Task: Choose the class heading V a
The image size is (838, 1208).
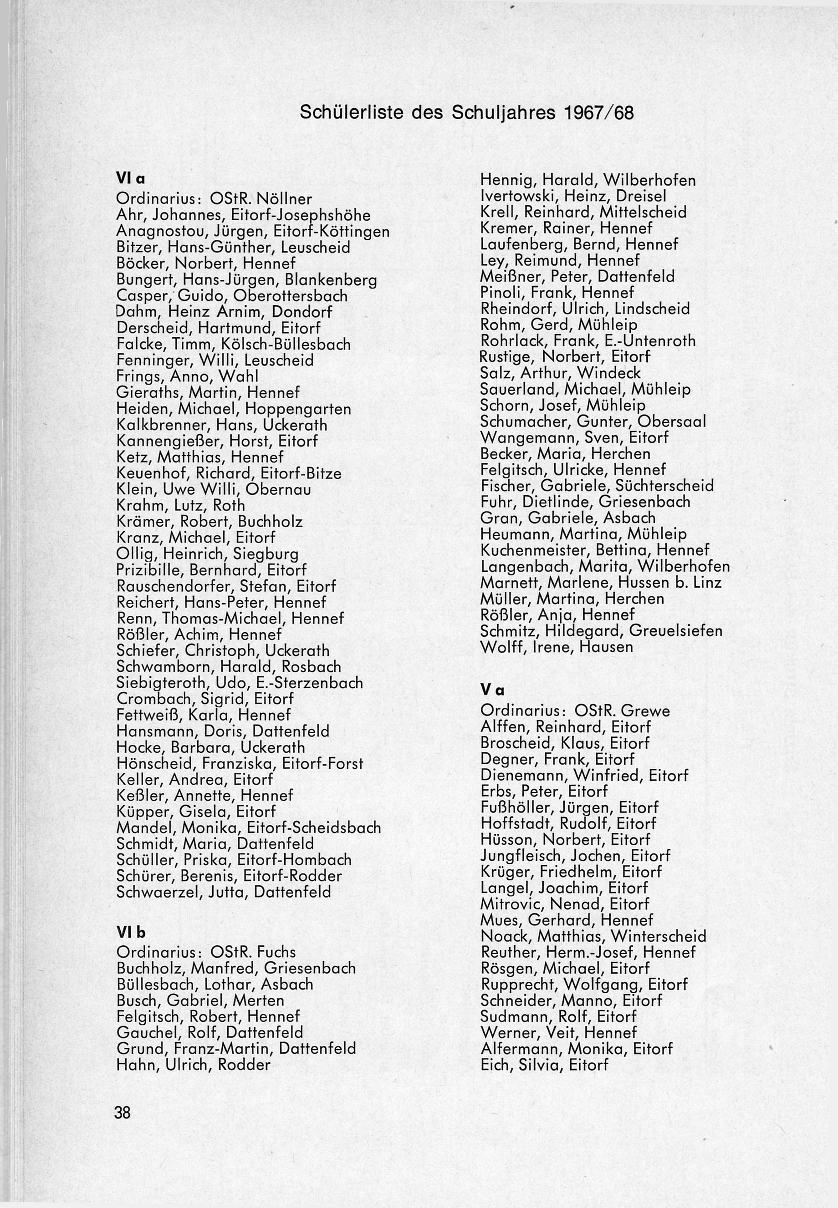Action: (492, 690)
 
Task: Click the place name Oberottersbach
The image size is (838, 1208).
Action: (291, 296)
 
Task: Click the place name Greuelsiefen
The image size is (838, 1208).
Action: (675, 631)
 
